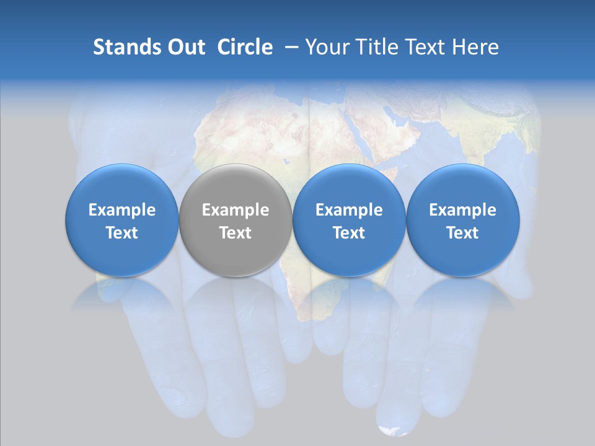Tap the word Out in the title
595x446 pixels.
(184, 47)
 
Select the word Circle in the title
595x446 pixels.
(245, 47)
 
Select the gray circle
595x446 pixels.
(236, 220)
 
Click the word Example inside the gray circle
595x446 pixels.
(236, 210)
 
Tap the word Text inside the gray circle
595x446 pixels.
(236, 233)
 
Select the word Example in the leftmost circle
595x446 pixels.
(122, 210)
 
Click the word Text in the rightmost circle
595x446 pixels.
(462, 233)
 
